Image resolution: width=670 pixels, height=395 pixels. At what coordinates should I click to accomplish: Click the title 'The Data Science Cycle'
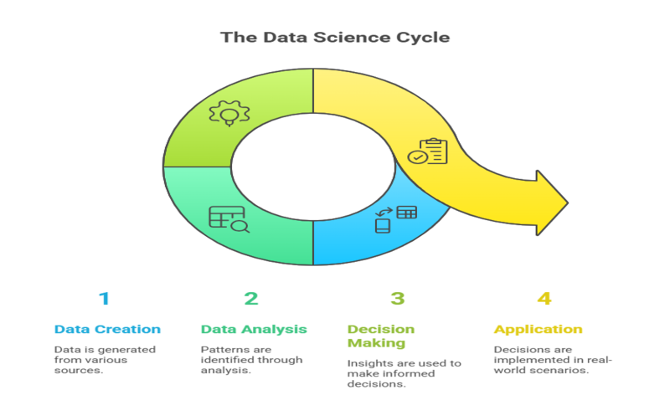click(335, 38)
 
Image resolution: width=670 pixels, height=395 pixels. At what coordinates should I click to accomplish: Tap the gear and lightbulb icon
click(229, 113)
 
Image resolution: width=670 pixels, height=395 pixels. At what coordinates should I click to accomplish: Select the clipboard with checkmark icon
click(428, 151)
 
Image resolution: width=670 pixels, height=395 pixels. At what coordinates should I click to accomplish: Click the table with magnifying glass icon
click(229, 219)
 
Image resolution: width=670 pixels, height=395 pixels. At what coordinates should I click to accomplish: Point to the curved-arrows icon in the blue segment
click(384, 212)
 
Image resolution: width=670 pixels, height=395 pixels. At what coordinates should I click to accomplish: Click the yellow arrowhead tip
click(568, 203)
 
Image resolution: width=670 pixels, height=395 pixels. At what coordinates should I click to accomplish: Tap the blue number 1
click(104, 299)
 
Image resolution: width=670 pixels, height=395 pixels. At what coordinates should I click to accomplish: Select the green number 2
click(251, 299)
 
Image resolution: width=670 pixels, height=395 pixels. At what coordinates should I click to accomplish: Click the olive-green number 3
click(397, 299)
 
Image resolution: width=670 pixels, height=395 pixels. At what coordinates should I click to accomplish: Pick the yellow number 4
click(544, 299)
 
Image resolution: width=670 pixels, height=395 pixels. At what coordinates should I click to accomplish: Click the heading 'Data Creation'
click(108, 329)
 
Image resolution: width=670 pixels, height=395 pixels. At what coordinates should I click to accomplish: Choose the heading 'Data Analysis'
click(254, 329)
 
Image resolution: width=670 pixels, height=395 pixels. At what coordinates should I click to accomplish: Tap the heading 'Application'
click(539, 330)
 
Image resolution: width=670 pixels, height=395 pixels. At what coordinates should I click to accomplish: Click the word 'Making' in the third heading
click(376, 343)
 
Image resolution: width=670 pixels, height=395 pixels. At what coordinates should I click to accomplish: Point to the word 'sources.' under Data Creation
click(79, 370)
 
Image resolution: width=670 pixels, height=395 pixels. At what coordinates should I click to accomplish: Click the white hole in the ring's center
click(313, 167)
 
